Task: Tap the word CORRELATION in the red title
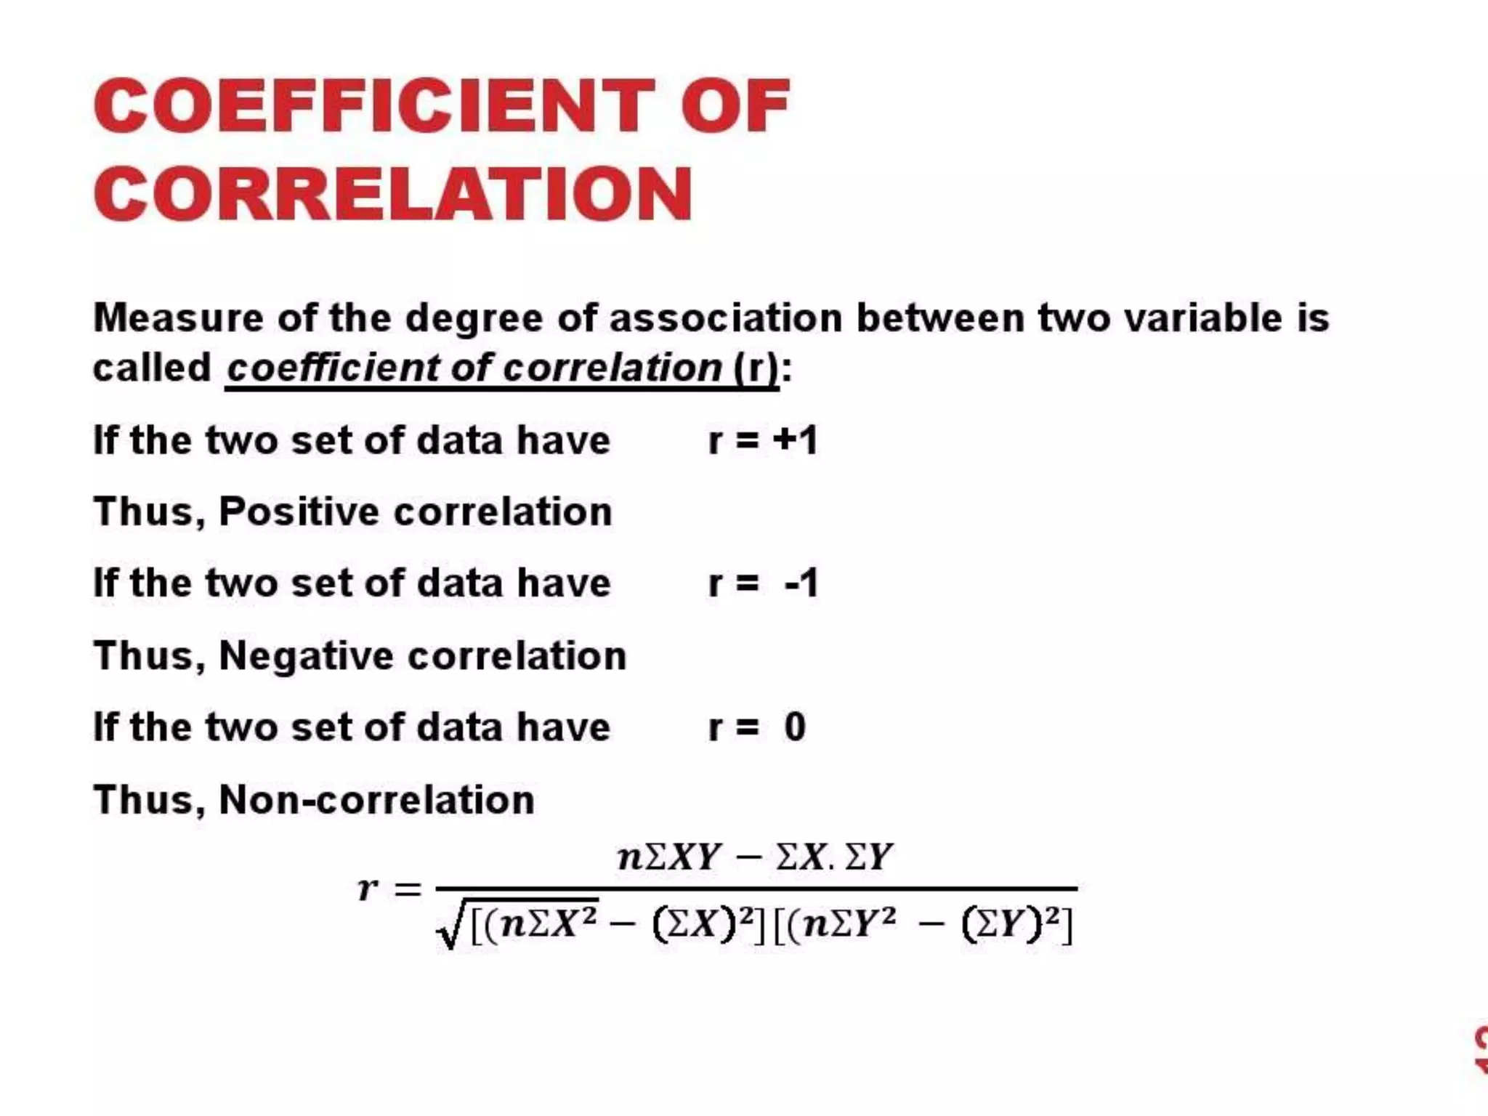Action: coord(392,193)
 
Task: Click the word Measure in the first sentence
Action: coord(179,318)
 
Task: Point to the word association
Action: coord(725,318)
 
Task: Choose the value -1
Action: coord(801,583)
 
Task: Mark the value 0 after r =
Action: coord(795,727)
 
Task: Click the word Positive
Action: coord(299,511)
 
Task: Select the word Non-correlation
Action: coord(376,799)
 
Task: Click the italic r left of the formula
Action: coord(368,888)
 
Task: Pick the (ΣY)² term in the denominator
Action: coord(1011,926)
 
